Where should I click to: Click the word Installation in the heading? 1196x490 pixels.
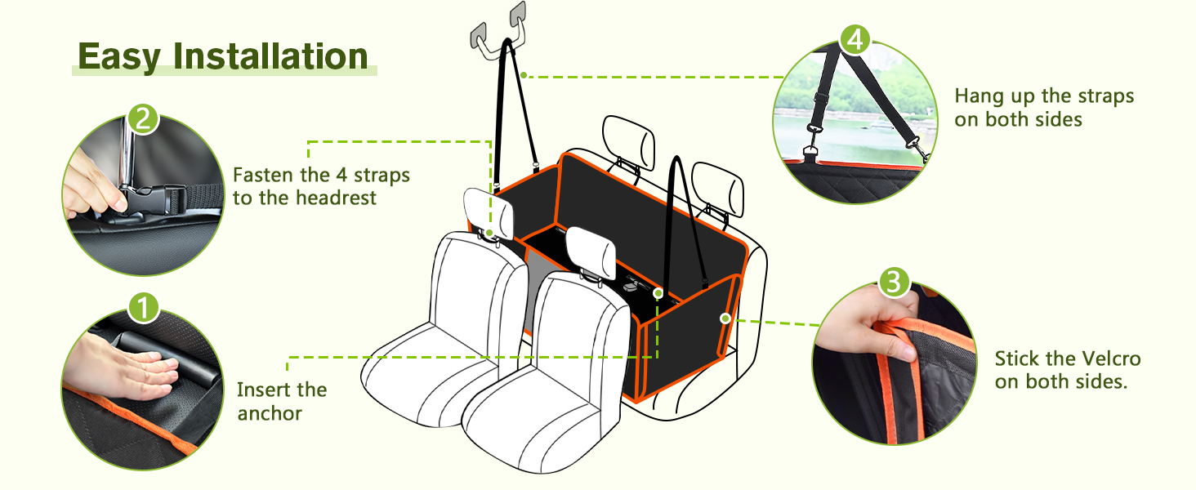tap(270, 56)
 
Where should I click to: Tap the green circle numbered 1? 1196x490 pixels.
tap(144, 308)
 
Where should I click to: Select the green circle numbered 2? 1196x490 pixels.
tap(144, 119)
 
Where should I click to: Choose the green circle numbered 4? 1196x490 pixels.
tap(855, 40)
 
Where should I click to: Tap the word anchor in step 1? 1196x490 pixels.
tap(270, 414)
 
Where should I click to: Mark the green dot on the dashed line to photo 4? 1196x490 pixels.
tap(524, 75)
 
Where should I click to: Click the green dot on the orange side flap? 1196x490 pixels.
tap(725, 318)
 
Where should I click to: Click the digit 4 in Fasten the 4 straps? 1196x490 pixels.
tap(341, 175)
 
